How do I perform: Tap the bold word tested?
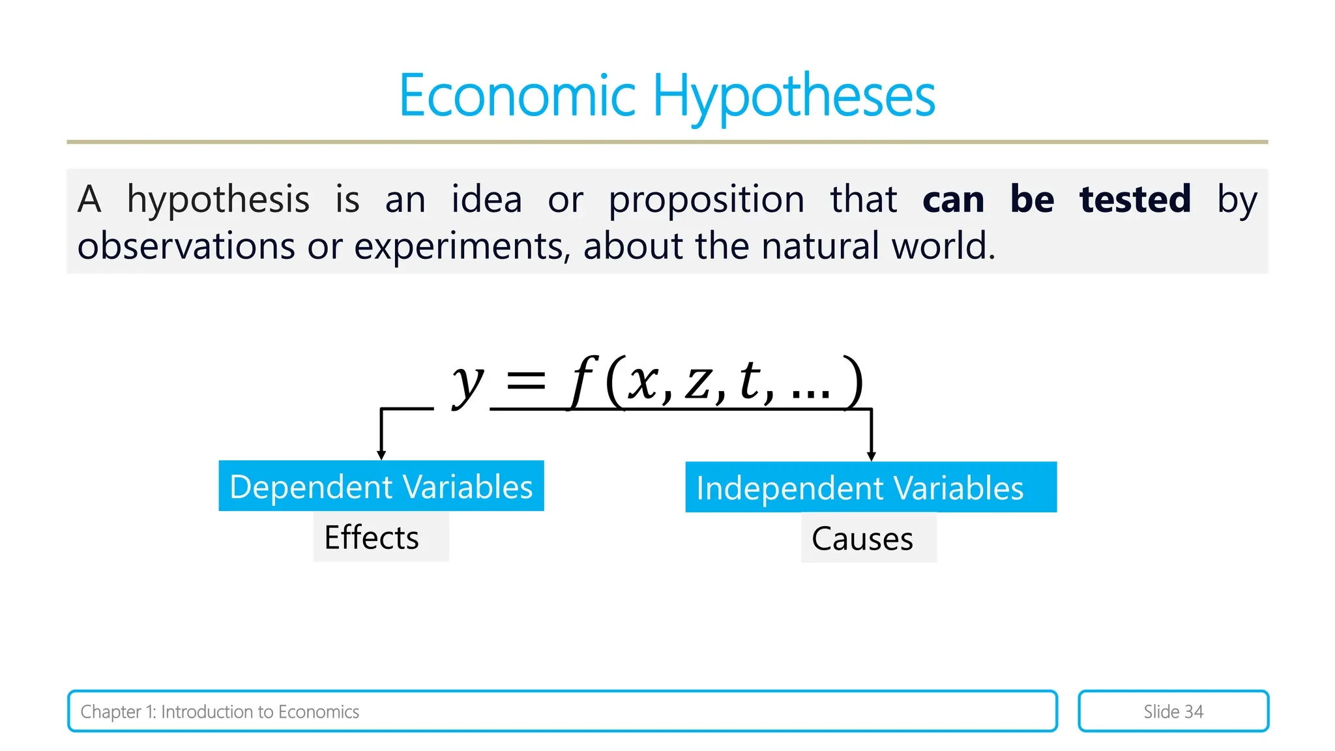click(x=1135, y=199)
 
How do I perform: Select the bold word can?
click(x=953, y=200)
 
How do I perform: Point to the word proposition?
click(x=707, y=200)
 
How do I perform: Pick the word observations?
click(x=186, y=247)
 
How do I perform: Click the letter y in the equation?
click(x=468, y=383)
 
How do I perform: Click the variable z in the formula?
click(x=697, y=383)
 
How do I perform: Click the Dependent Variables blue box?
click(x=381, y=486)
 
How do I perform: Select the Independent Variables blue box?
click(x=870, y=488)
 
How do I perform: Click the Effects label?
click(x=372, y=538)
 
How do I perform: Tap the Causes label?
click(x=862, y=539)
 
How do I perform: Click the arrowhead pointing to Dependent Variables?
click(x=381, y=455)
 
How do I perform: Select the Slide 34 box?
click(x=1173, y=711)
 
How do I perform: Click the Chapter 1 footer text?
click(x=220, y=712)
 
